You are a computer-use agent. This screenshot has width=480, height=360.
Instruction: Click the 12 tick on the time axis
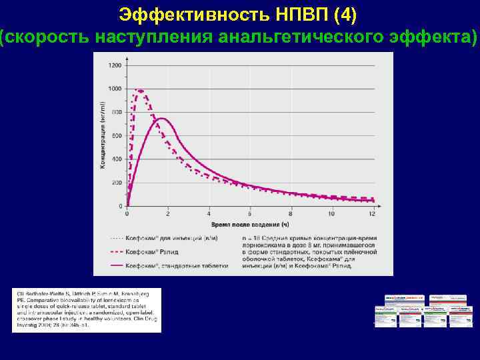coord(371,214)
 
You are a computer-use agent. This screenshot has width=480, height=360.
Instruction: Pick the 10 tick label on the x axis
coord(331,214)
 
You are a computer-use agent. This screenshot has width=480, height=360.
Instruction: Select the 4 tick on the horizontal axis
coord(209,214)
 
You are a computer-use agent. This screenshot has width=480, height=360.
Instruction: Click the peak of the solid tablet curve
coord(161,119)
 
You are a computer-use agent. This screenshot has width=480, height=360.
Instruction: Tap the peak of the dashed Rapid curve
coord(139,90)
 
